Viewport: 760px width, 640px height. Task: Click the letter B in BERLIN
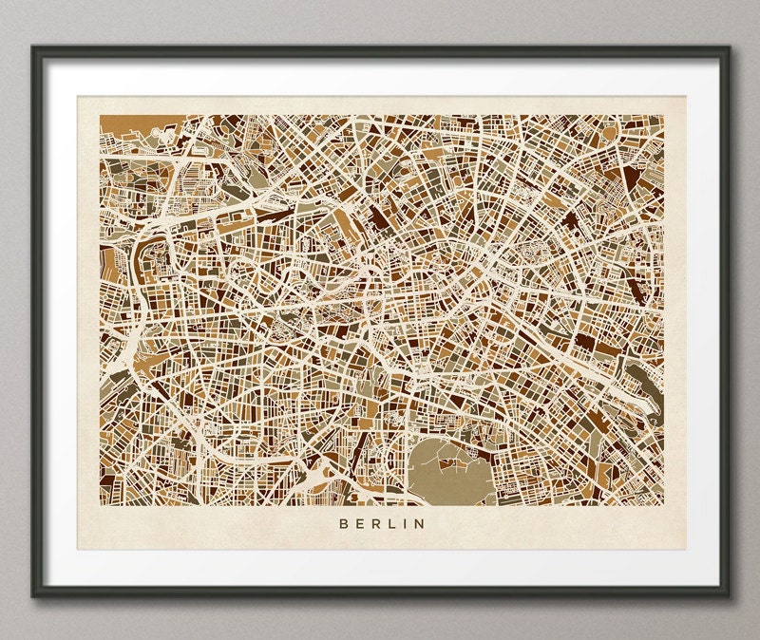[341, 522]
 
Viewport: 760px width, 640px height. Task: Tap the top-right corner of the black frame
[730, 46]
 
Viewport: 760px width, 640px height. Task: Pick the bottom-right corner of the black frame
[730, 595]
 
